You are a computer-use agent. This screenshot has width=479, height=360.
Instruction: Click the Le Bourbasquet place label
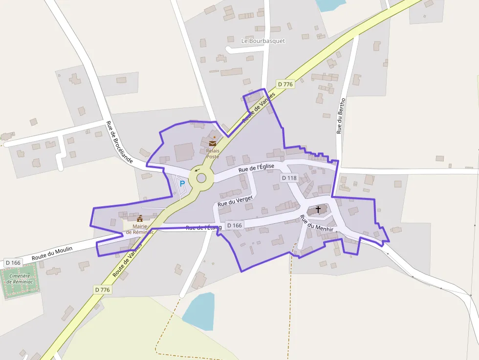(x=263, y=41)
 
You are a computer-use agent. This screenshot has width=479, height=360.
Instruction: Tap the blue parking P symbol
(x=182, y=184)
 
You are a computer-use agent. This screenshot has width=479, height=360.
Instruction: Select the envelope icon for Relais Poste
(x=213, y=143)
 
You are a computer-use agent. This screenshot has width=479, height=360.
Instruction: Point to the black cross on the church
(x=318, y=210)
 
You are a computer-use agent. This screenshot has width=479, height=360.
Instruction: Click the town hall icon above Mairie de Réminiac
(x=140, y=218)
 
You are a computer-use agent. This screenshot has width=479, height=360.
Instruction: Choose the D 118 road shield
(x=289, y=178)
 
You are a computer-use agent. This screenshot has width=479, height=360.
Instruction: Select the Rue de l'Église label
(x=256, y=168)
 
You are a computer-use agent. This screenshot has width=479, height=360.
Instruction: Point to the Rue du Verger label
(x=235, y=200)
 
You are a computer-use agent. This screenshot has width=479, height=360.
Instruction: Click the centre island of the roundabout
(x=201, y=178)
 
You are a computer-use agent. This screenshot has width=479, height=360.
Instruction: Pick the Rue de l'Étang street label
(x=203, y=228)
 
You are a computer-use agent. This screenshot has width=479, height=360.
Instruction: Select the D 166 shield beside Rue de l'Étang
(x=235, y=226)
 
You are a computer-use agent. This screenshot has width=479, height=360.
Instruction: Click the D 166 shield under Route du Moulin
(x=13, y=263)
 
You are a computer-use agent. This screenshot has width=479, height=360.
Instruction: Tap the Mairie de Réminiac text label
(x=140, y=229)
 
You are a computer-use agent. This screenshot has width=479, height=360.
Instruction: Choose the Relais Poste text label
(x=213, y=154)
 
